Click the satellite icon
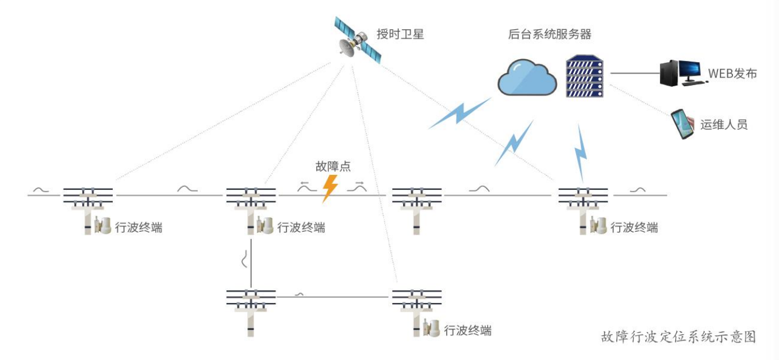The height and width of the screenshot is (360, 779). (358, 40)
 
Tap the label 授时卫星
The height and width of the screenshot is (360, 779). (400, 34)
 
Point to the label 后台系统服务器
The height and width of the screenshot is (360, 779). (550, 34)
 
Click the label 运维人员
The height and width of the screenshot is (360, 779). (724, 124)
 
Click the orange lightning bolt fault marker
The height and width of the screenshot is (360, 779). (329, 189)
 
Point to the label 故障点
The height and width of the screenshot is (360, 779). (333, 167)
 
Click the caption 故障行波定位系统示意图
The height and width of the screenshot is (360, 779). (678, 336)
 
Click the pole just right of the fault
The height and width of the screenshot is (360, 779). (417, 208)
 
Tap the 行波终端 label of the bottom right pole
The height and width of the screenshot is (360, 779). (467, 331)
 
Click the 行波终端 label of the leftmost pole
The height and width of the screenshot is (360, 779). (139, 228)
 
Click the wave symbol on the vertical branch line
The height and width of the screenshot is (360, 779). (245, 260)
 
